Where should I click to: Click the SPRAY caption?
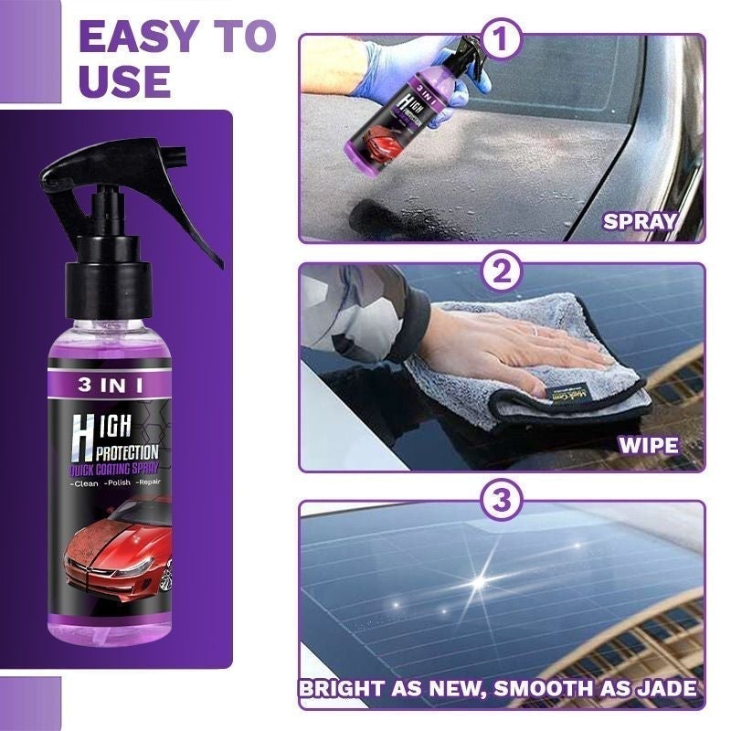(639, 220)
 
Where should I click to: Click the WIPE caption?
(648, 447)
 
